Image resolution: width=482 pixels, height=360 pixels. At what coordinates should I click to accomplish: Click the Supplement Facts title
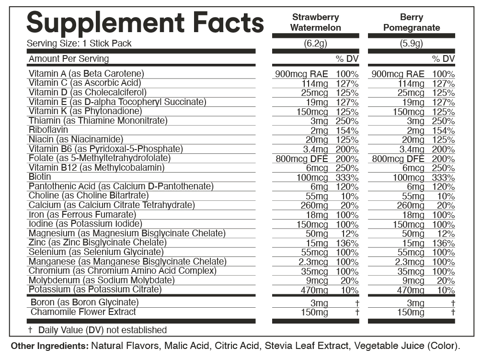coord(145,22)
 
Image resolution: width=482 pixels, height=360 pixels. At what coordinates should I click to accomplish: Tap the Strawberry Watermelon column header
coord(315,23)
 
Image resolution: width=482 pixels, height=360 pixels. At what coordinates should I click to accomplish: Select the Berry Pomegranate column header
coord(411,23)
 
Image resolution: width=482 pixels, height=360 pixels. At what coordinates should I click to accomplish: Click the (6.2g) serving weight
coord(315,44)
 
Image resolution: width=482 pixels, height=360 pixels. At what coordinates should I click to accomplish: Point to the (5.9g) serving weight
coord(411,44)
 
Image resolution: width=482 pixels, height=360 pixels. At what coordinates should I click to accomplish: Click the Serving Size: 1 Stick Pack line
coord(79,44)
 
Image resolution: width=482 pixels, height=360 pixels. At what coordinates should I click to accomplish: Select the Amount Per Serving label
coord(69,59)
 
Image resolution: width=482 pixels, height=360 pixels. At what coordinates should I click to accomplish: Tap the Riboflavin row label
coord(48,130)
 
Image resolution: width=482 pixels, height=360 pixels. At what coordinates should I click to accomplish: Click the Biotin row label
coord(40,177)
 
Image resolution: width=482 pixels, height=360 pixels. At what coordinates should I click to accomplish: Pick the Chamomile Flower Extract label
coord(83,312)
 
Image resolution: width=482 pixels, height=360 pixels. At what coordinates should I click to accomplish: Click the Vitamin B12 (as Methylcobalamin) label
coord(96,168)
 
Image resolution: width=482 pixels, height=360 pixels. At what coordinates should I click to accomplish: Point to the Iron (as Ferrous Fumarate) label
coord(82,214)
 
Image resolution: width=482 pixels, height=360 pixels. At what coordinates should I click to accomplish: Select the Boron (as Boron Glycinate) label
coord(84,302)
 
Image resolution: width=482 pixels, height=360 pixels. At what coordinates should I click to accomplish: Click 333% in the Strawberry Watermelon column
coord(347,178)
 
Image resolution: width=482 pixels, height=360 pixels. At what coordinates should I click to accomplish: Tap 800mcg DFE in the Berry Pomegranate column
coord(398,159)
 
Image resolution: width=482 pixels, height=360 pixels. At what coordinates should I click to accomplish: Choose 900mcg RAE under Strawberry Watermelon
coord(302,74)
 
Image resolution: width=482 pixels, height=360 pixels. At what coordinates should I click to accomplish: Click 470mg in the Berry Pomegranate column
coord(411,290)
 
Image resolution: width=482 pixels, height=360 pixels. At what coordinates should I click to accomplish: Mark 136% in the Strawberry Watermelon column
coord(347,244)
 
